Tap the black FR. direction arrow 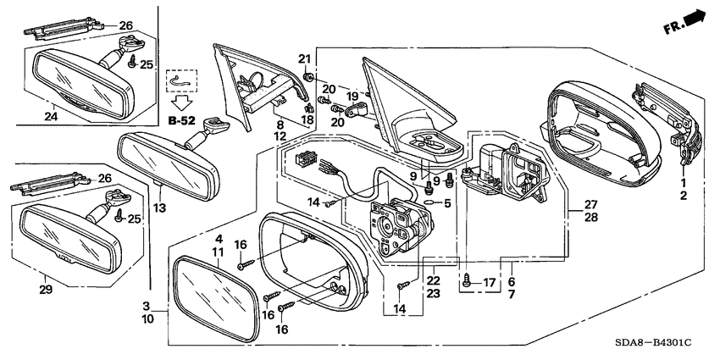[x=695, y=17]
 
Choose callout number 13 [x=157, y=208]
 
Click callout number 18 [x=307, y=121]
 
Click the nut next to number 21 [x=308, y=77]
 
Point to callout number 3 [x=146, y=305]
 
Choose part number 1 [x=683, y=182]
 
